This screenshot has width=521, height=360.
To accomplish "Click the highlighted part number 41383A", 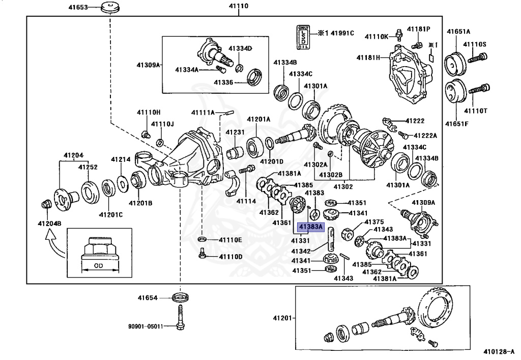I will tap(311, 227).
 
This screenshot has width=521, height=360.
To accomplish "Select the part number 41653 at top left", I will tap(78, 8).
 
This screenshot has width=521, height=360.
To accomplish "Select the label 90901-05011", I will tap(146, 326).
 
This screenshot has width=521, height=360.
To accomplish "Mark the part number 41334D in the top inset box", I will tap(240, 48).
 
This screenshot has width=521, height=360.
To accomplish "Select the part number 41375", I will tap(374, 222).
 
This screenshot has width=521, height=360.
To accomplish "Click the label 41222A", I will tap(425, 135).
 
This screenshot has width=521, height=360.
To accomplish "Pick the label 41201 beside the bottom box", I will tap(282, 318).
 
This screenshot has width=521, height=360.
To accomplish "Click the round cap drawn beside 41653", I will tap(108, 8).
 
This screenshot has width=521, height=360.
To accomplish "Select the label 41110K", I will tap(377, 36).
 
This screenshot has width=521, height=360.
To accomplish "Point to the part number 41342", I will tap(302, 252).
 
